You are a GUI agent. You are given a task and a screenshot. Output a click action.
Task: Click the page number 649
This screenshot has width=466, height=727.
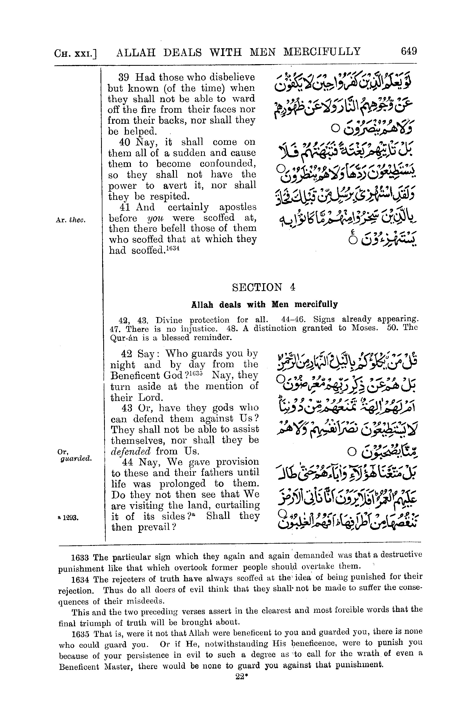click(409, 51)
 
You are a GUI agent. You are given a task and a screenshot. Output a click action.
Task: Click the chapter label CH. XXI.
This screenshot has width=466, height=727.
click(75, 54)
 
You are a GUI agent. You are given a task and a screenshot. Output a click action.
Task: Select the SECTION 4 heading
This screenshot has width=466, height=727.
click(263, 287)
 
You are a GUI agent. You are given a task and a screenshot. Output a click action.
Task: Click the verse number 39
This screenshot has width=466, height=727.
click(124, 77)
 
